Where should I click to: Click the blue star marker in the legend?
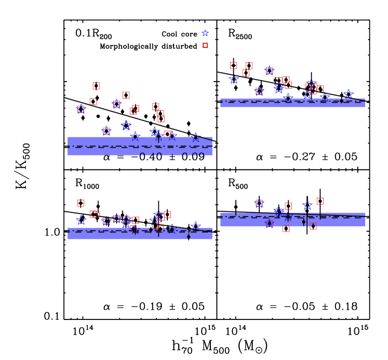click(205, 33)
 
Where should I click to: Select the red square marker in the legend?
click(205, 46)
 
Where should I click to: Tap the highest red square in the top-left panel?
click(96, 86)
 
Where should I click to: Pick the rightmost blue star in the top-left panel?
click(196, 137)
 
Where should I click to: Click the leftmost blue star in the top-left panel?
click(81, 109)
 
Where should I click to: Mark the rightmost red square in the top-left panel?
click(167, 134)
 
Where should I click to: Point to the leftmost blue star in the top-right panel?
click(234, 79)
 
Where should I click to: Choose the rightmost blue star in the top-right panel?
click(349, 94)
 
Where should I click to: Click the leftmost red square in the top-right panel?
click(234, 65)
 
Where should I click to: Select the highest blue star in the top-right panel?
click(270, 70)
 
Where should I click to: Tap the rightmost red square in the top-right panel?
click(320, 89)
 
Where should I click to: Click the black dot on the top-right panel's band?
click(341, 101)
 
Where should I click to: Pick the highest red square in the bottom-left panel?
click(81, 203)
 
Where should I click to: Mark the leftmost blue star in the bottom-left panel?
click(81, 220)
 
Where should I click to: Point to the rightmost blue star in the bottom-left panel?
click(196, 226)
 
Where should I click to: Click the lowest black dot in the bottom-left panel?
click(189, 237)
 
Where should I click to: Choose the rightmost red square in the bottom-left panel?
click(167, 215)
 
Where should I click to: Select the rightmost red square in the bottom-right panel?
click(320, 201)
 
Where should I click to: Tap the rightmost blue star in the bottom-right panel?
click(307, 205)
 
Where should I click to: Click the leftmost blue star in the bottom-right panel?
click(259, 203)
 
